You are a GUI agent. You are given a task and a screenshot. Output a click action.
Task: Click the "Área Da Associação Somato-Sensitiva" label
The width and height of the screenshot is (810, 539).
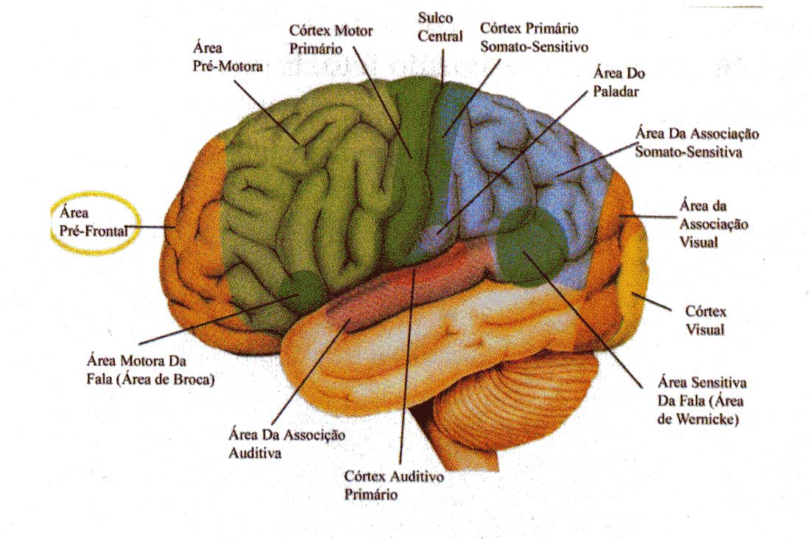pyautogui.click(x=697, y=144)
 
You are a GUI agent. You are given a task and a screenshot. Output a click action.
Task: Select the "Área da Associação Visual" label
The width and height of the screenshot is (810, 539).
pyautogui.click(x=714, y=223)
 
